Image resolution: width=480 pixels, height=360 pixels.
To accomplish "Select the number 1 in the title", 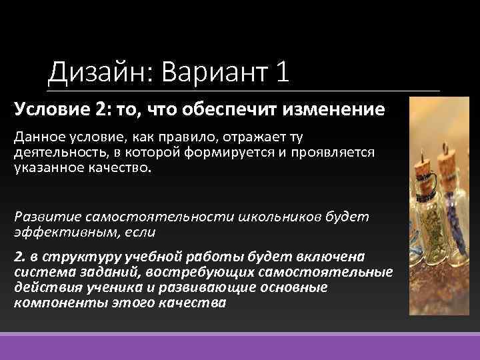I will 281,72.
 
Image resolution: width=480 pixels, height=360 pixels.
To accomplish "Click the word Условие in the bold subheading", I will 47,109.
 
